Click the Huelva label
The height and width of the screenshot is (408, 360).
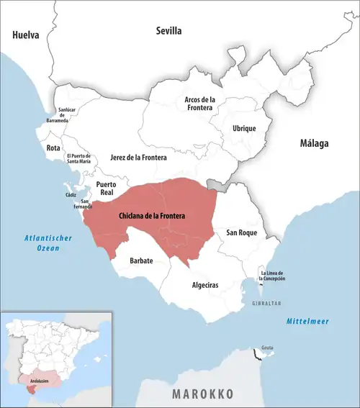[x=24, y=35]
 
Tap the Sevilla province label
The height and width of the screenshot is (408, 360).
[x=169, y=31]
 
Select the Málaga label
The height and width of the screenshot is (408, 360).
[x=314, y=143]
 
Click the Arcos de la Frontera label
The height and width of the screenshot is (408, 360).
[x=199, y=103]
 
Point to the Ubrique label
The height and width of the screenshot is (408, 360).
[x=243, y=128]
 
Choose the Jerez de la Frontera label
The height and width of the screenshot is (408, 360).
[x=138, y=157]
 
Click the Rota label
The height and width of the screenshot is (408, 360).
[x=53, y=148]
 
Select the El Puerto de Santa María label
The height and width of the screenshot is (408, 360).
[x=78, y=159]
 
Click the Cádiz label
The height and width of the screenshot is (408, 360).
[x=71, y=195]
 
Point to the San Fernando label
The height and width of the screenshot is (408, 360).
[x=86, y=204]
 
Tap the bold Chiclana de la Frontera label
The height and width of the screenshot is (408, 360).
[x=151, y=216]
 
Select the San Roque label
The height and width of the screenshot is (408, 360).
[x=241, y=233]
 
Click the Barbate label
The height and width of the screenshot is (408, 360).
[x=141, y=260]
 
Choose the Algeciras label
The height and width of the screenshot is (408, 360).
[x=205, y=285]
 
